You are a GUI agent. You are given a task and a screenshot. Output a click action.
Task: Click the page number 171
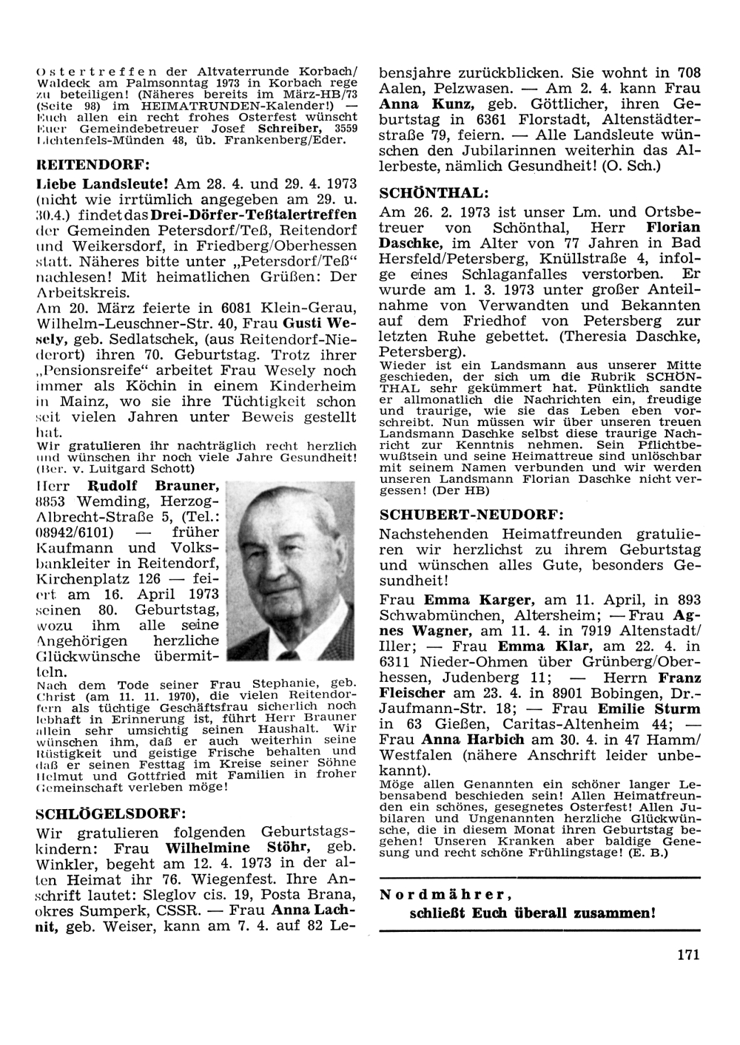pos(687,954)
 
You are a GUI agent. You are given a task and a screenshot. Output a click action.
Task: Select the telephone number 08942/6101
pos(77,532)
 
